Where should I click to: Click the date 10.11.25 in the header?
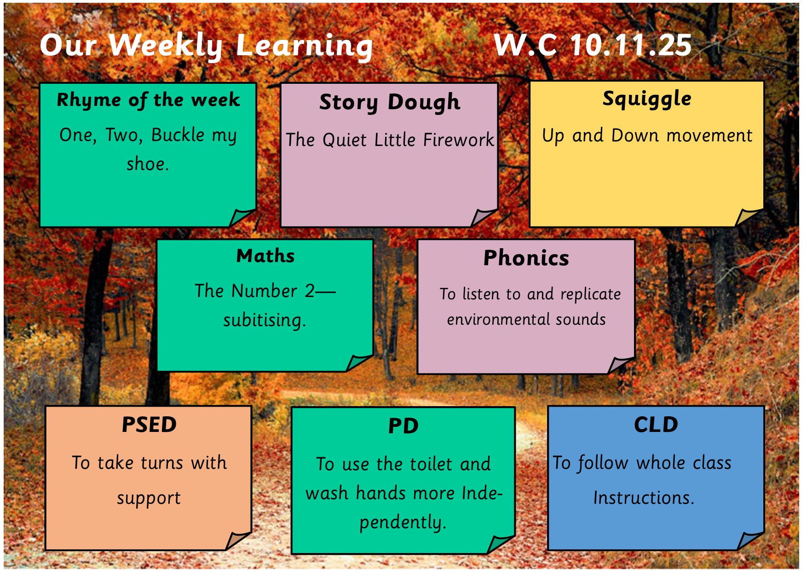631,45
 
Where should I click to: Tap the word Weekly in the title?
166,46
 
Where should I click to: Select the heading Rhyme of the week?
148,100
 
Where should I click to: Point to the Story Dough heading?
390,102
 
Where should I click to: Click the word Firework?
458,140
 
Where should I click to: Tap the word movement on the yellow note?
709,135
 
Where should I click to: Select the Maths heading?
265,256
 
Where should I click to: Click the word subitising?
265,320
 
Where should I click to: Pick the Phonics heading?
526,258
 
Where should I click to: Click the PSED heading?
149,425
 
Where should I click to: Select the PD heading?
403,426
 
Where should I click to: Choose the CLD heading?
656,425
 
